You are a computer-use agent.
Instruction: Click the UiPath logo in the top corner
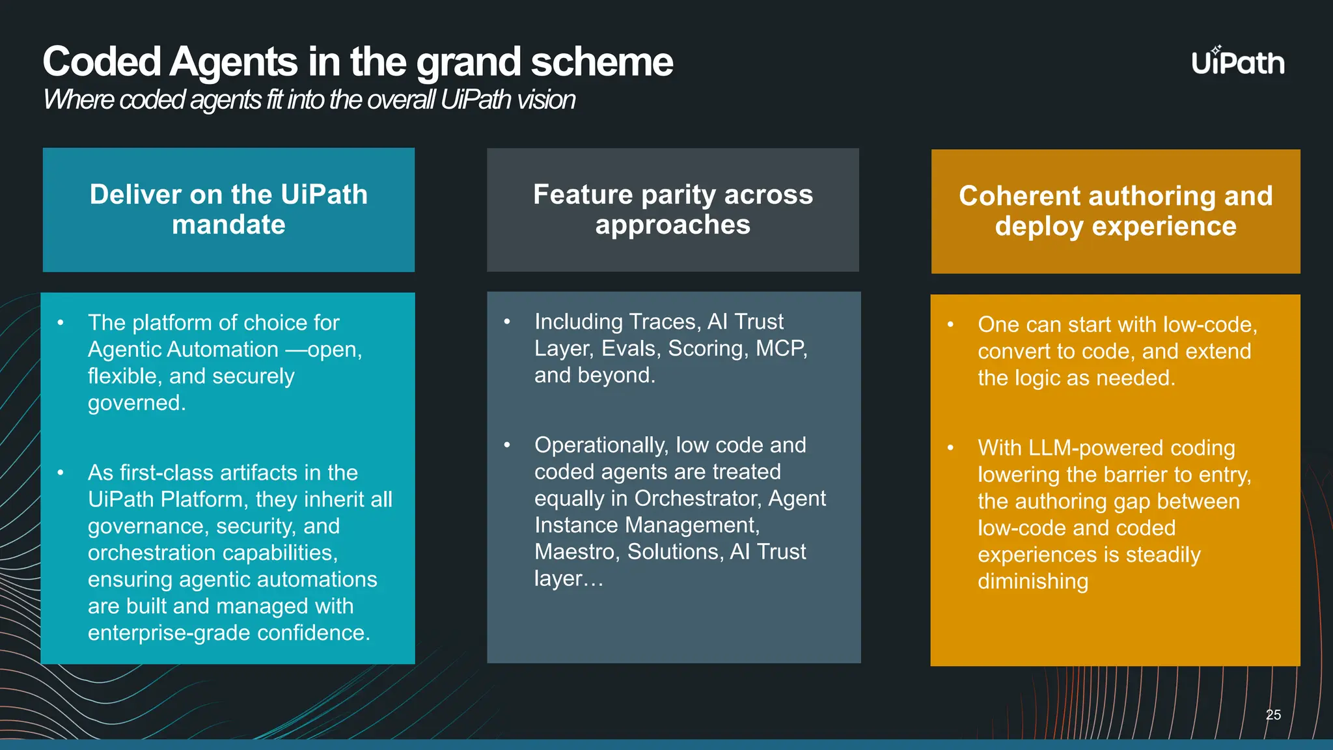1238,62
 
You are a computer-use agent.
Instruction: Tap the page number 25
1273,715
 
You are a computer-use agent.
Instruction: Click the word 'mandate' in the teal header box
228,225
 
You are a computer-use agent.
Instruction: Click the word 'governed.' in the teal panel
137,403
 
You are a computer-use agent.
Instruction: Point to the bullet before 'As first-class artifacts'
61,473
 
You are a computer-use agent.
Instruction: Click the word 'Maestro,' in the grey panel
577,552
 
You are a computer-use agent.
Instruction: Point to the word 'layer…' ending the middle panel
568,579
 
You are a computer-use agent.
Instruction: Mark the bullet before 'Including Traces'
507,322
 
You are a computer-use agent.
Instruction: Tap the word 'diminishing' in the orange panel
1032,581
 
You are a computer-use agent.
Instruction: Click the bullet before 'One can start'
950,324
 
